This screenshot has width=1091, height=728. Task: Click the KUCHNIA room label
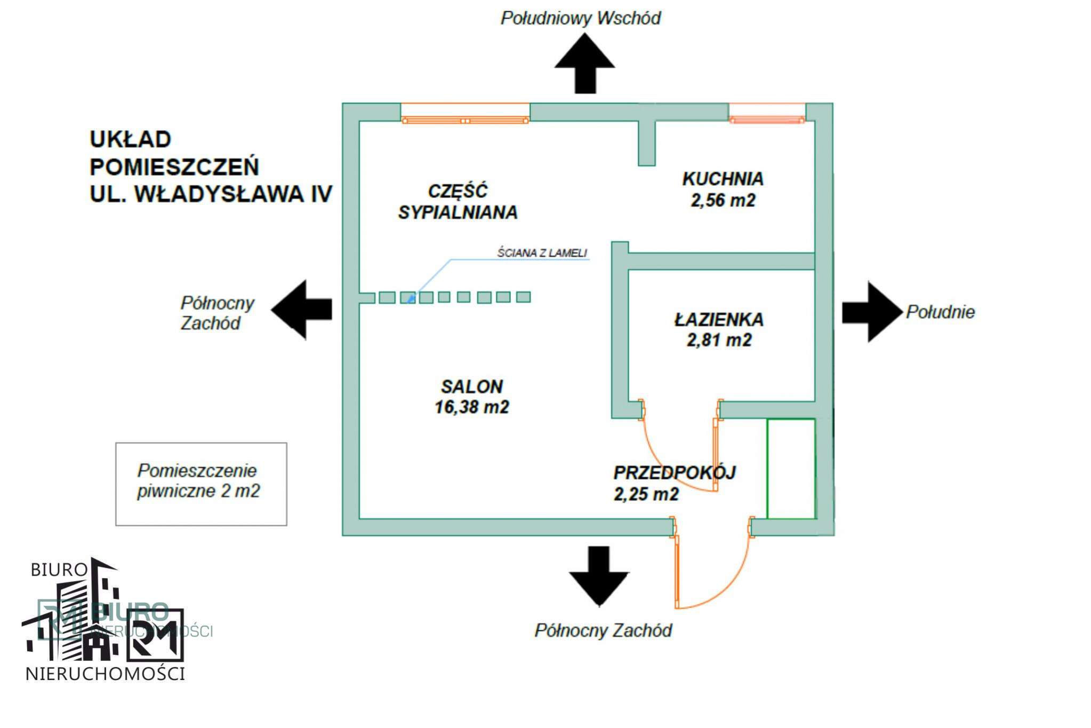[723, 179]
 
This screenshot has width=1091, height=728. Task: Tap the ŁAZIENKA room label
[719, 320]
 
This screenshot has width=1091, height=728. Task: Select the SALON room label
[472, 386]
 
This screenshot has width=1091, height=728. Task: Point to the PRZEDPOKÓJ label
[675, 472]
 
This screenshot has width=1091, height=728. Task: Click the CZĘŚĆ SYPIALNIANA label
[458, 202]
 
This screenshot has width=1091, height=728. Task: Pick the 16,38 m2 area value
[472, 407]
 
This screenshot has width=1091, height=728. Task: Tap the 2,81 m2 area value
[719, 340]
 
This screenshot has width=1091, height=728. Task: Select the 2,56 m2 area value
[723, 200]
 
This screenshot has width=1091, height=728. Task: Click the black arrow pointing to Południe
[872, 312]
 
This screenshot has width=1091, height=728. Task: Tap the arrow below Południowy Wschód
[585, 64]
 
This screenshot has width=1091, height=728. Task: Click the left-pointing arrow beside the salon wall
[302, 310]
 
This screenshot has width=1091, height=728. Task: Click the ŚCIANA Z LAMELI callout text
[542, 253]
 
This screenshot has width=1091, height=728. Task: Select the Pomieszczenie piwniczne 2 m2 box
[201, 484]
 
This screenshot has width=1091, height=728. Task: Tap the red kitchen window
[767, 113]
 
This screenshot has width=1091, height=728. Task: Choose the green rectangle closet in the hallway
[791, 469]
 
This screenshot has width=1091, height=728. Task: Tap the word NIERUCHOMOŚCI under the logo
[105, 674]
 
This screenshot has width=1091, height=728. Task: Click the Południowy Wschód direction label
[581, 18]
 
